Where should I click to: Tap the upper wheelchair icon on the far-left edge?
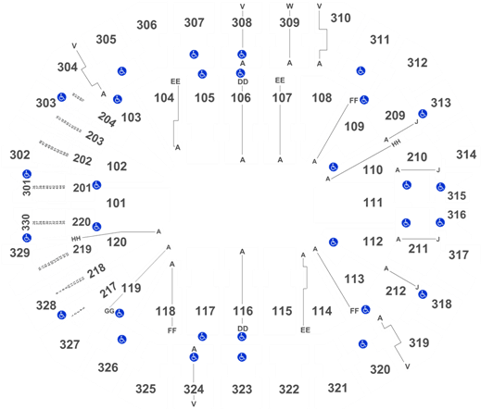[27, 174]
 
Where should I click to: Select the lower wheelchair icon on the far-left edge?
[27, 238]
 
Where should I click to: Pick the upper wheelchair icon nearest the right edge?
[440, 187]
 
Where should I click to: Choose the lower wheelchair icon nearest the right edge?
[440, 222]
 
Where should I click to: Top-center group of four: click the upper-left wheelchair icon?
[194, 54]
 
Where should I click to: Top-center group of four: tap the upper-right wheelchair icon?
[242, 54]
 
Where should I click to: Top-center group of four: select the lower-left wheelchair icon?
[202, 74]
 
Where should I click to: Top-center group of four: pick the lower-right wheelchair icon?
[240, 73]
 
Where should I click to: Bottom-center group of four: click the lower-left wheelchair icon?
[194, 356]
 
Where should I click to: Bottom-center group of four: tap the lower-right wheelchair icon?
[242, 356]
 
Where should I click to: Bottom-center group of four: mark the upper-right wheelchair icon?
[242, 335]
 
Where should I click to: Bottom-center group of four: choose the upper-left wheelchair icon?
[202, 334]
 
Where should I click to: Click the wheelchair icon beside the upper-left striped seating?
[61, 96]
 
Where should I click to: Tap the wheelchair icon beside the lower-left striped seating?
[61, 315]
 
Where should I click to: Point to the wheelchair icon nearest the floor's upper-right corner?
[334, 168]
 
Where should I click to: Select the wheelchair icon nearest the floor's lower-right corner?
[334, 242]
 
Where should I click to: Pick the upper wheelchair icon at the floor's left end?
[95, 185]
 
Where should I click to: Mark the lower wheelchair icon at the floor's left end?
[95, 226]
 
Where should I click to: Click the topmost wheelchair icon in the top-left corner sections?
[122, 70]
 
